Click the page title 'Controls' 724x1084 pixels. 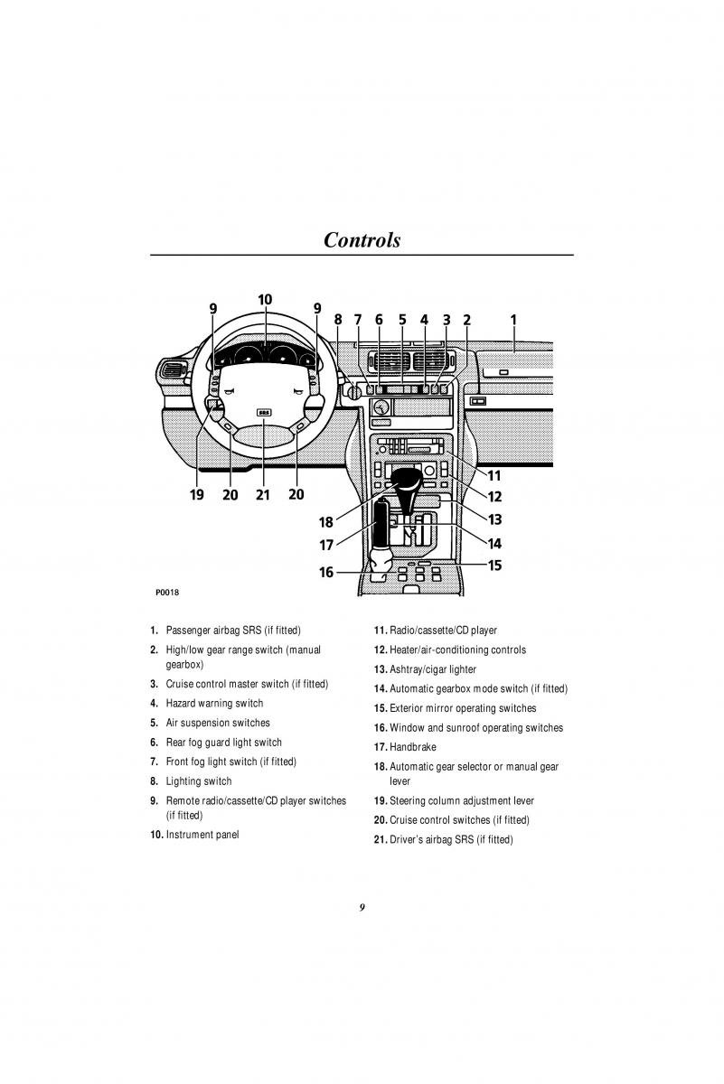point(362,240)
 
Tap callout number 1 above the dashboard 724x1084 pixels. point(513,320)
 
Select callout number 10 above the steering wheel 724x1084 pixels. point(265,300)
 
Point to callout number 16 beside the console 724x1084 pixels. point(326,572)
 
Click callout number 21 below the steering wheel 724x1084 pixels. point(262,495)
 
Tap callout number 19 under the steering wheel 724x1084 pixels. point(197,495)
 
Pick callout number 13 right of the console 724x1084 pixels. point(494,519)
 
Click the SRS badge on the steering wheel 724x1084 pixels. point(264,413)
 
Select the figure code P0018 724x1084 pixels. point(167,593)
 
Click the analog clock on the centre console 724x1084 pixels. point(381,407)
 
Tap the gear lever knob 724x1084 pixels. point(407,479)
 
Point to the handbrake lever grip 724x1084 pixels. point(381,525)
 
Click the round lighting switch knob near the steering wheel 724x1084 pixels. point(354,391)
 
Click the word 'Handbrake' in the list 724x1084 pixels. point(412,747)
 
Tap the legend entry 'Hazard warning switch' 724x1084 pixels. point(214,703)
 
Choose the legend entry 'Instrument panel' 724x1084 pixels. point(202,835)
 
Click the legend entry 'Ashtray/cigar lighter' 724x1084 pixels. point(433,669)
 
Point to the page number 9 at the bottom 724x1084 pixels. point(362,907)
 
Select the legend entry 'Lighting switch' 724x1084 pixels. point(199,781)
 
